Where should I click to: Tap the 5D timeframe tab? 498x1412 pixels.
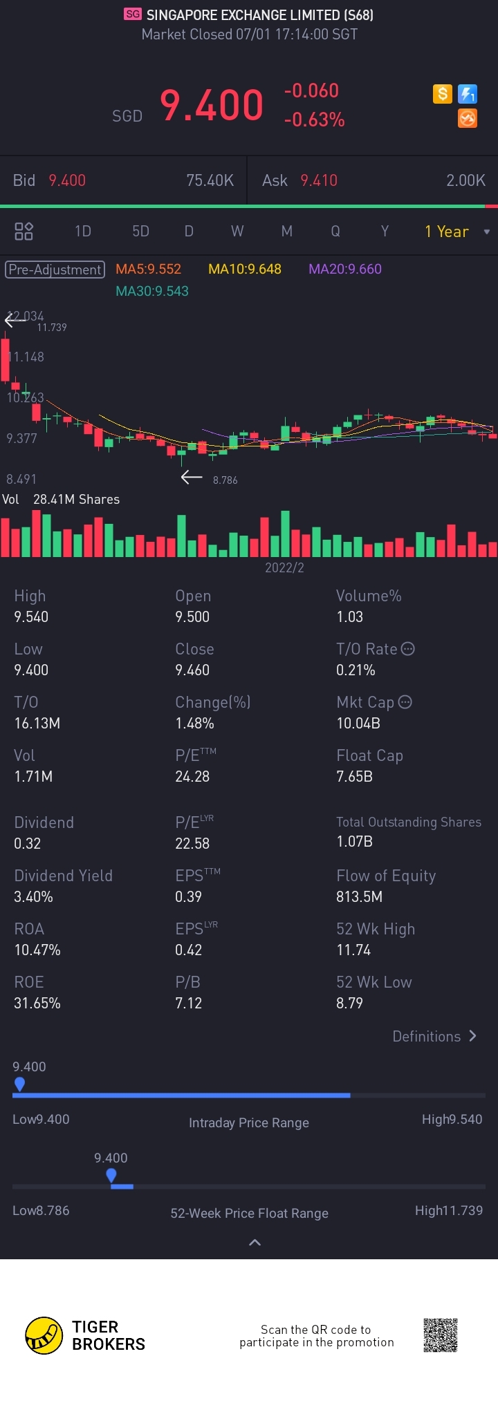click(x=140, y=232)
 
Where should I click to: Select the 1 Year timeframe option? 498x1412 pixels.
click(x=447, y=232)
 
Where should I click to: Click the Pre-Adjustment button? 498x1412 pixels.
click(x=55, y=270)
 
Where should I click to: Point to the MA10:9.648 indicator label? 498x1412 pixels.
click(x=245, y=270)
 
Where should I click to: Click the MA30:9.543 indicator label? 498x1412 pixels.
click(x=152, y=291)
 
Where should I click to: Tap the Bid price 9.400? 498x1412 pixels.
click(x=67, y=180)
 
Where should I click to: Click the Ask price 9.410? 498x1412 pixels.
click(x=319, y=180)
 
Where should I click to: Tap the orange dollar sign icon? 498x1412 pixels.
click(x=443, y=93)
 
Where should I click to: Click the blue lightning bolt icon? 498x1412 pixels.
click(x=468, y=93)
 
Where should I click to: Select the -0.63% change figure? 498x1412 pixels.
click(x=314, y=120)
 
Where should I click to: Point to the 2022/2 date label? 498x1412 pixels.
click(x=284, y=567)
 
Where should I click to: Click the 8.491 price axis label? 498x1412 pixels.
click(x=21, y=479)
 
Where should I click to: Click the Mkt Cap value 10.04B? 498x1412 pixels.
click(x=358, y=723)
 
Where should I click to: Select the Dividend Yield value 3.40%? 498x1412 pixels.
click(x=33, y=896)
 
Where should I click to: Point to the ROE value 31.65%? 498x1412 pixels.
click(x=37, y=1003)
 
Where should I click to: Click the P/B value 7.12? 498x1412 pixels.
click(x=188, y=1003)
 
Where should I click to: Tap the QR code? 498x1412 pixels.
click(x=441, y=1335)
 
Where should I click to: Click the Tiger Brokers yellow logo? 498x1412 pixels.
click(x=44, y=1335)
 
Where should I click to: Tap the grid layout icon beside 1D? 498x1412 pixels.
click(x=24, y=232)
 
